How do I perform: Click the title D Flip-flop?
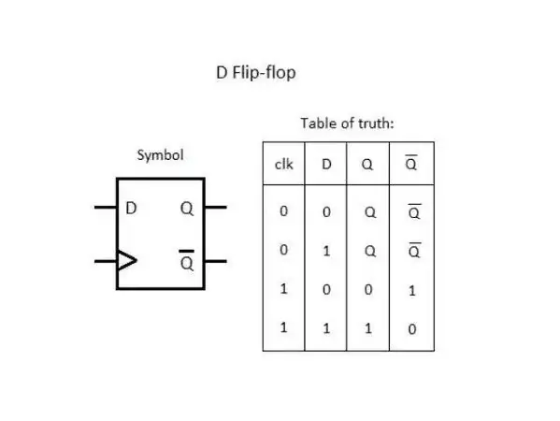pos(256,73)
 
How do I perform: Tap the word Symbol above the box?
pos(161,155)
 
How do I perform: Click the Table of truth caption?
pos(347,123)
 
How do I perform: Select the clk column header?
pos(284,164)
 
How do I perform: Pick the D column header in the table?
pos(326,164)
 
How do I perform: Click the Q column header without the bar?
pos(367,165)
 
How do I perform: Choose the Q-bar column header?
pos(411,163)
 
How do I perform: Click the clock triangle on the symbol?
pos(127,260)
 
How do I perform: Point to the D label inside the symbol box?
pos(131,208)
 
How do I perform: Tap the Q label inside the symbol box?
pos(187,209)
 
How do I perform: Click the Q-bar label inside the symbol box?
pos(187,260)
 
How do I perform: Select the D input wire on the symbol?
pos(106,208)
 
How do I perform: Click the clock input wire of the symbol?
pos(106,261)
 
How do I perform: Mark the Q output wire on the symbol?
pos(216,208)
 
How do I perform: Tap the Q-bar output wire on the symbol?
pos(216,261)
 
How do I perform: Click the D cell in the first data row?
pos(326,212)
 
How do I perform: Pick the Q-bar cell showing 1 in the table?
pos(412,291)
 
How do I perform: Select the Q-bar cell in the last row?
pos(412,329)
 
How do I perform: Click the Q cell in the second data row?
pos(370,252)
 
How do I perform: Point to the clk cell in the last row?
pos(283,327)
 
